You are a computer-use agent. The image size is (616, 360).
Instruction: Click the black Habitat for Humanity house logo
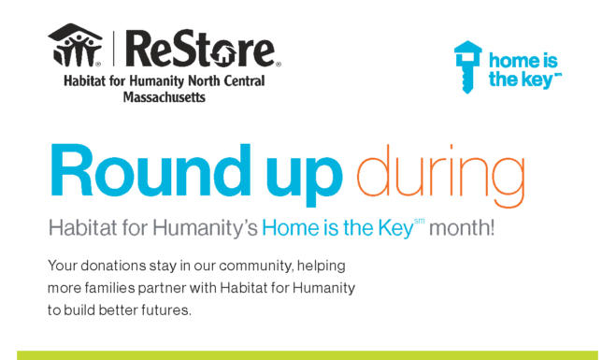[x=75, y=45]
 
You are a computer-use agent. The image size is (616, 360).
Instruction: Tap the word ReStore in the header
[x=201, y=48]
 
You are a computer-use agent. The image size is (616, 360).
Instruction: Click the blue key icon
[x=467, y=66]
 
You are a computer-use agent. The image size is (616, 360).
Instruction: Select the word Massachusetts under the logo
[x=165, y=96]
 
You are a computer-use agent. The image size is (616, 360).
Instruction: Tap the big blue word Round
[x=150, y=170]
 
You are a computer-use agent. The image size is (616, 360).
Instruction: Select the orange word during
[x=440, y=176]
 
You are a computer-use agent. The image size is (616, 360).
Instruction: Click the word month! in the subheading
[x=462, y=227]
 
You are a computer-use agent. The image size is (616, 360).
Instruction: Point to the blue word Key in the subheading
[x=395, y=228]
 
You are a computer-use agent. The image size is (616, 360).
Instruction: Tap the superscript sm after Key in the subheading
[x=419, y=222]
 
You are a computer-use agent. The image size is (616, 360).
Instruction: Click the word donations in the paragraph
[x=113, y=266]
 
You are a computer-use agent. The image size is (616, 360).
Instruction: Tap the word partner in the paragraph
[x=162, y=289]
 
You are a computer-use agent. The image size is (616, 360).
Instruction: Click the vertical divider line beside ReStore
[x=114, y=49]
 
